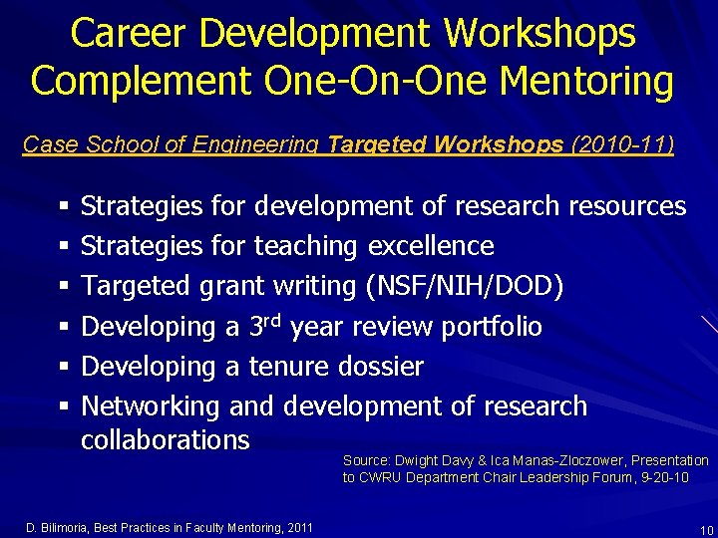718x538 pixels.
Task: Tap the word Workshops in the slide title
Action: point(539,34)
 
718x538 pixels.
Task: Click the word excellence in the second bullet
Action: point(431,246)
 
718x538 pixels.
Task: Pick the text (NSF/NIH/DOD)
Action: point(465,287)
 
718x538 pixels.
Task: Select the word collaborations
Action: point(165,439)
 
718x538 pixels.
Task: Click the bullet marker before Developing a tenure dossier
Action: point(63,368)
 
